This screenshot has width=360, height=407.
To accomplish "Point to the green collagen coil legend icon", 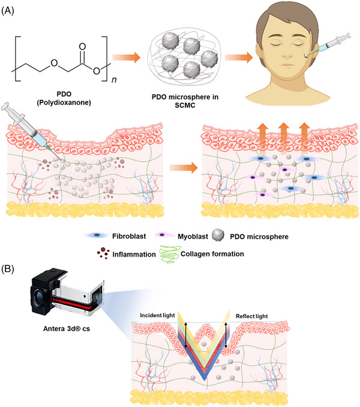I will click(194, 254).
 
